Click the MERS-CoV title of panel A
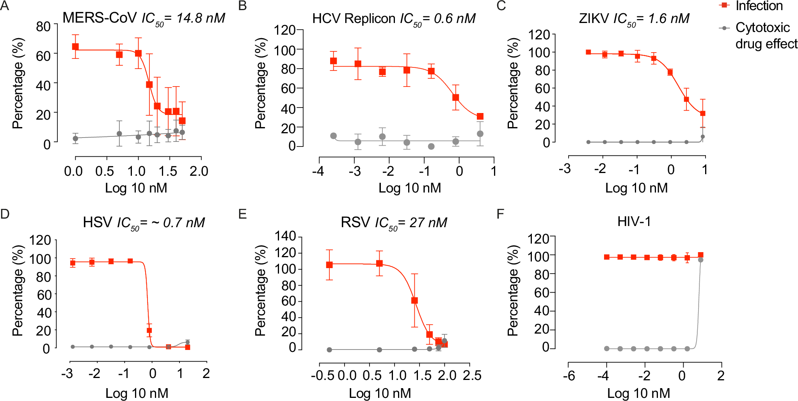(100, 18)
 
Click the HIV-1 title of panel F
(634, 221)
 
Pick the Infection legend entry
(759, 6)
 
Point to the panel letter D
(5, 214)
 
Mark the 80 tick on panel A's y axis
(43, 26)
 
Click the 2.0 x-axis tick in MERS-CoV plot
(199, 171)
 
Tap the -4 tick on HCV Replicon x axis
(318, 171)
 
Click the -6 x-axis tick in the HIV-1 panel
(569, 376)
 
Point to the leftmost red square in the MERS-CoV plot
(75, 47)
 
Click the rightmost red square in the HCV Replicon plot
(480, 117)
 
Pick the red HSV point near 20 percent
(149, 330)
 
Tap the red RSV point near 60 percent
(414, 300)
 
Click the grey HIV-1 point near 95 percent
(700, 260)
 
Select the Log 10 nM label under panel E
(380, 393)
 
